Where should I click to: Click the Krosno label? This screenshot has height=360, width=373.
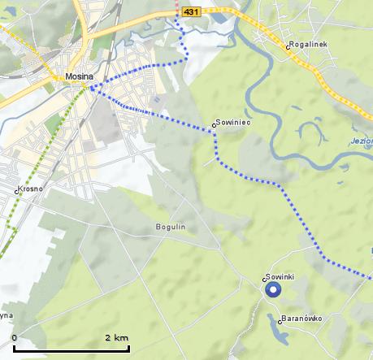(x=30, y=189)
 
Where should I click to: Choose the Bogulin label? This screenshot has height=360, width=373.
(x=171, y=227)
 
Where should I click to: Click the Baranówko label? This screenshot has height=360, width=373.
(x=303, y=318)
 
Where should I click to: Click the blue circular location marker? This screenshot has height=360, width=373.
(x=272, y=289)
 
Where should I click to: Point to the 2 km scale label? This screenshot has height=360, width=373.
(x=116, y=337)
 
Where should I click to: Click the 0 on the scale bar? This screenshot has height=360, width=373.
(x=15, y=337)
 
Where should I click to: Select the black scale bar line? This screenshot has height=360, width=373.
(x=71, y=349)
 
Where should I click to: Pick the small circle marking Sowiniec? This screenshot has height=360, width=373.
(x=215, y=125)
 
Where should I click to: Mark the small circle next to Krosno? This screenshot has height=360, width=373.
(x=16, y=192)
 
